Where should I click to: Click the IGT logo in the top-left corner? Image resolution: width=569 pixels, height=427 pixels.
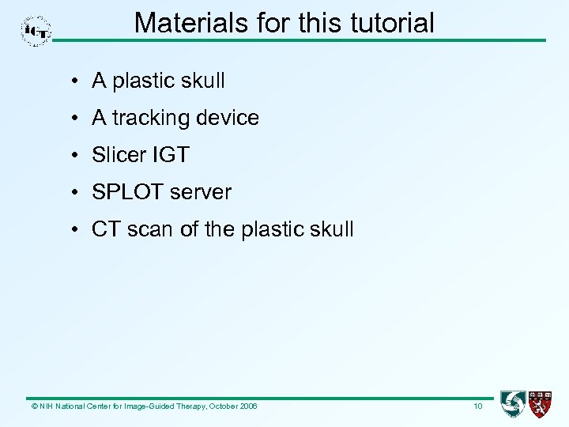(x=36, y=31)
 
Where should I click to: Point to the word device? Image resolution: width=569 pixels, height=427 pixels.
(x=230, y=119)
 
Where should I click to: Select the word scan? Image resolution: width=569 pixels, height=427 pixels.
(x=146, y=230)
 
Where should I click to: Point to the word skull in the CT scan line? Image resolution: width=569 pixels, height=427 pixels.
(x=335, y=229)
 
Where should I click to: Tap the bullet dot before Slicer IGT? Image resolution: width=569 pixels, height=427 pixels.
(x=72, y=156)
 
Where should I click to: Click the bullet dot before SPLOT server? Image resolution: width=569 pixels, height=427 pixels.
(x=72, y=193)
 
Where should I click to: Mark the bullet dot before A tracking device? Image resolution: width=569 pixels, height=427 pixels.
(x=72, y=119)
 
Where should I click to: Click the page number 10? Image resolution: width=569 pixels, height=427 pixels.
(x=477, y=406)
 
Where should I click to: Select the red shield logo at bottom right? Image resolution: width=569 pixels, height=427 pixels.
(x=541, y=404)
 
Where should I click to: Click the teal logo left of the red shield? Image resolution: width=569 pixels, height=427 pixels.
(x=512, y=404)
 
